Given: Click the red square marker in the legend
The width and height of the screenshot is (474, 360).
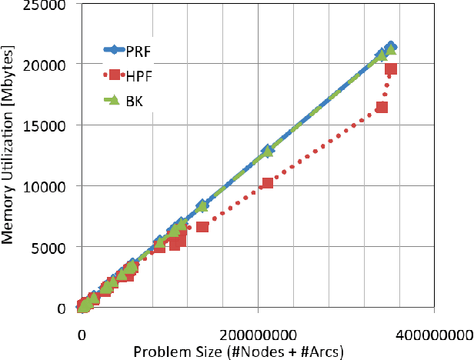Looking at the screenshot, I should (115, 75).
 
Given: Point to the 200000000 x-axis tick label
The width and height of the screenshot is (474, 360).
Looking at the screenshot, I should (256, 335).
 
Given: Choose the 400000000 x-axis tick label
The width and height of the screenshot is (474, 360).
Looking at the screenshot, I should (432, 335).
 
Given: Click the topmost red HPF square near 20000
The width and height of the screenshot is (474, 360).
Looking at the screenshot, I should (391, 69).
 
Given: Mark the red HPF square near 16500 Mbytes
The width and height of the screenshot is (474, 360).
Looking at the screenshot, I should (382, 107).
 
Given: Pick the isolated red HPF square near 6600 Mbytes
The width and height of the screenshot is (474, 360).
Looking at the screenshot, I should (202, 226).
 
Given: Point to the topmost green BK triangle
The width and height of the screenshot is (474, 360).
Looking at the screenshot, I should (391, 49).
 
